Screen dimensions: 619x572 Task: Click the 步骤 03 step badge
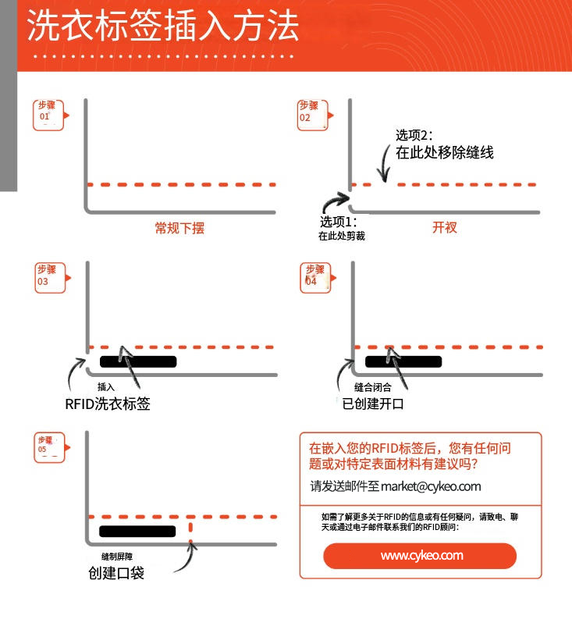(50, 277)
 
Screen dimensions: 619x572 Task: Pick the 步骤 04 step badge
(314, 277)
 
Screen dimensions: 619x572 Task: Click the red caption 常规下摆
(179, 228)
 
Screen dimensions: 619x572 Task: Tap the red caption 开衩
(444, 228)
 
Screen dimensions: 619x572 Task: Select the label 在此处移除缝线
(444, 153)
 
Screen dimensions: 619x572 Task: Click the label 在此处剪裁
(341, 236)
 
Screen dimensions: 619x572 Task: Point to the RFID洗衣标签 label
(108, 404)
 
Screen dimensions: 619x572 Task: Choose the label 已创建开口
(373, 404)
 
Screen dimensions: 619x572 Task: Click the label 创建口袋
(115, 574)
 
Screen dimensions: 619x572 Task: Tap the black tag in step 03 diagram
(138, 361)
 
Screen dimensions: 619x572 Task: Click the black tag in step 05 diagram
(138, 532)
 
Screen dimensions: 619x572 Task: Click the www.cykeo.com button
(420, 556)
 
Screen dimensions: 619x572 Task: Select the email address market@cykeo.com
(431, 486)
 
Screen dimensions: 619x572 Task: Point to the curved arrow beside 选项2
(383, 163)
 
